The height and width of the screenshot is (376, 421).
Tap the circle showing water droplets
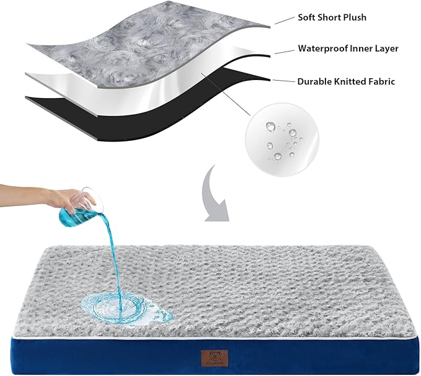pyautogui.click(x=277, y=137)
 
